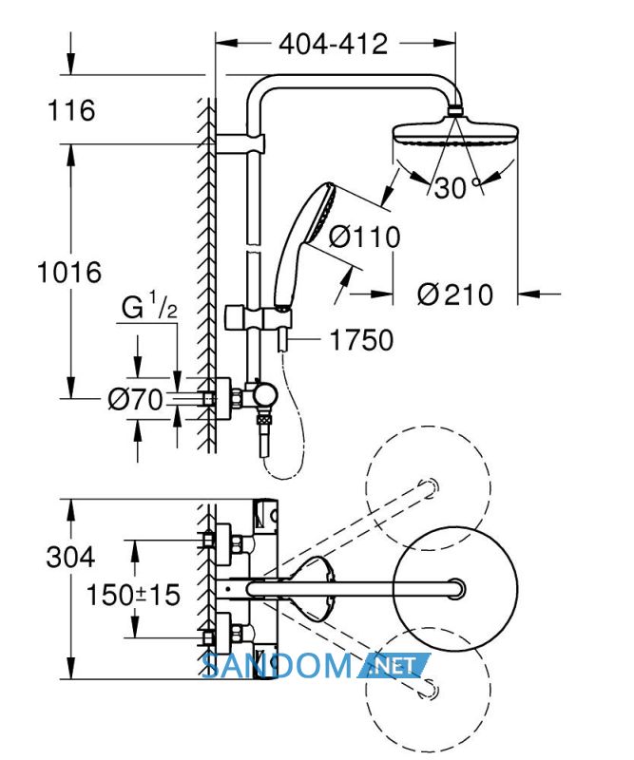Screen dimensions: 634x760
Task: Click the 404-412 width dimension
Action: click(334, 45)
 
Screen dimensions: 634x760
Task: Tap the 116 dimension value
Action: click(71, 110)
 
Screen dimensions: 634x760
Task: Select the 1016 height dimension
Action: click(69, 272)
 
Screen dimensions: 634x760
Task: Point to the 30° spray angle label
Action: click(457, 187)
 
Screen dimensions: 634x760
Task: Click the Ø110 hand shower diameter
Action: click(364, 237)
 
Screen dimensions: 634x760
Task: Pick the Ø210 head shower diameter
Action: click(455, 294)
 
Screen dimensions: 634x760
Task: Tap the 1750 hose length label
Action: click(361, 340)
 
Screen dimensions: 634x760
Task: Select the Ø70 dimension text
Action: click(135, 400)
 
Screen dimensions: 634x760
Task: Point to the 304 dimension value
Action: click(70, 557)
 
